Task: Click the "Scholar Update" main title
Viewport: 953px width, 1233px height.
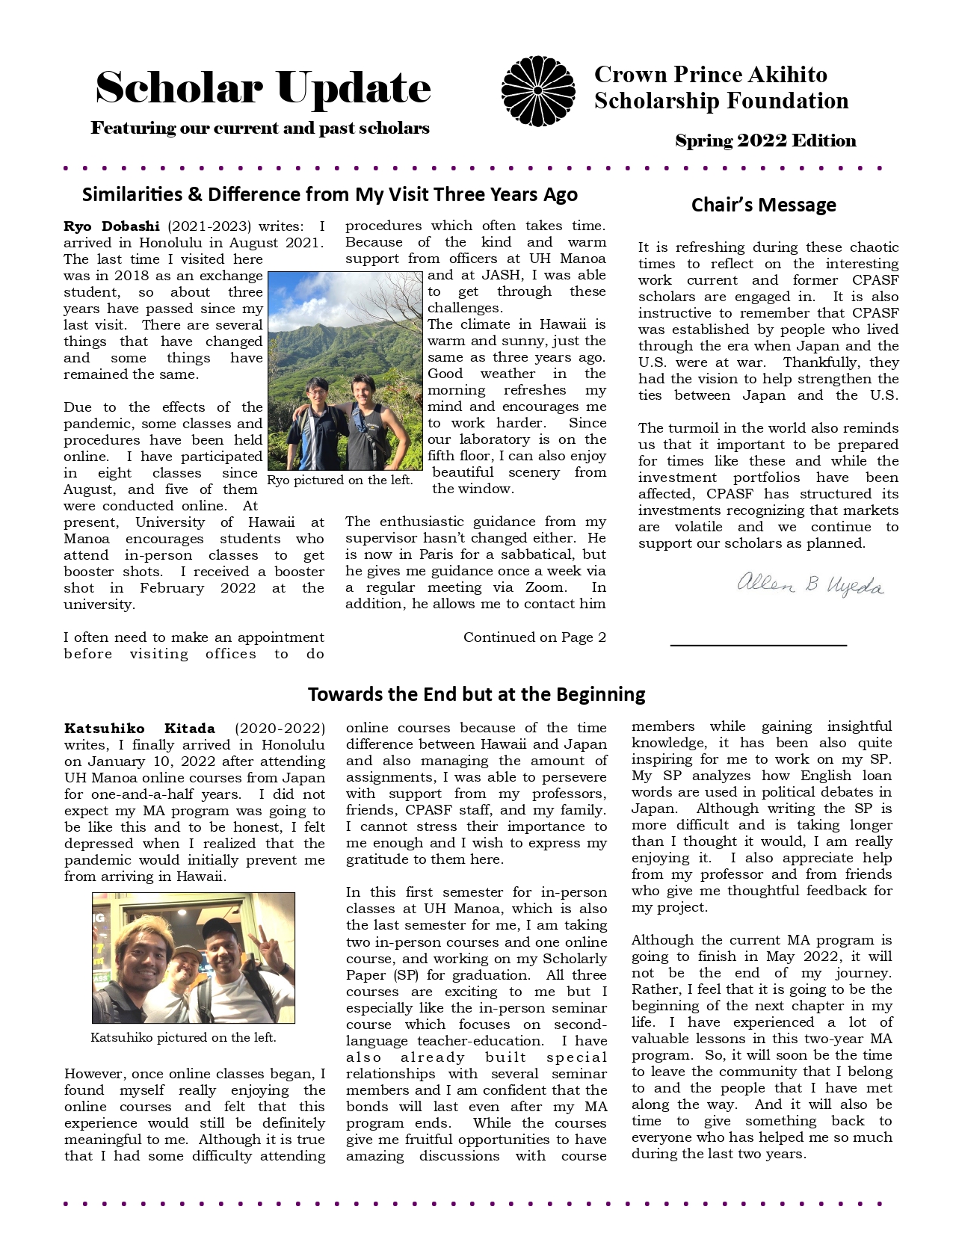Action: pos(263,89)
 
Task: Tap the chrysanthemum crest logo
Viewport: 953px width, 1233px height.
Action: pos(538,91)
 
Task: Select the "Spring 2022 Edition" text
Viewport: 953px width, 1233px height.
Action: pos(765,140)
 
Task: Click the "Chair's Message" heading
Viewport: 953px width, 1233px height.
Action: pos(763,205)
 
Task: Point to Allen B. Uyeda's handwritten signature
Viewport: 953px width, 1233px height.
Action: pos(810,584)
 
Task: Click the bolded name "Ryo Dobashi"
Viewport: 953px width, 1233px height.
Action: pos(111,226)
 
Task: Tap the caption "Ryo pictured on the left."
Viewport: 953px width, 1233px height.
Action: pos(340,480)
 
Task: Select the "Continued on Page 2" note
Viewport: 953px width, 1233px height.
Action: pos(534,637)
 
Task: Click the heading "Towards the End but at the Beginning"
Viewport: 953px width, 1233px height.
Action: pos(476,694)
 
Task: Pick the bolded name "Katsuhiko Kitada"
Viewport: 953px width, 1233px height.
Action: pos(140,729)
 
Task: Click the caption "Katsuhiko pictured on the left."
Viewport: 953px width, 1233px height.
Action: pos(183,1037)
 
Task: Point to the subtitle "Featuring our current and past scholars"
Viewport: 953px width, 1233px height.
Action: pos(260,129)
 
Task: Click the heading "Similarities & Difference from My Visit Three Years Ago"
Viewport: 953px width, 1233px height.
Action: pos(330,194)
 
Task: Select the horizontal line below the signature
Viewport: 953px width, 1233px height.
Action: pos(758,644)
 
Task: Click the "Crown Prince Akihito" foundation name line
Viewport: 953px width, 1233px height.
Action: pos(710,75)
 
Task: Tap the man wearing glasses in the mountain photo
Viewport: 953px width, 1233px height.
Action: pos(318,418)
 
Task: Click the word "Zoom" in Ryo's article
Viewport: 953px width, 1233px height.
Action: pos(545,587)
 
